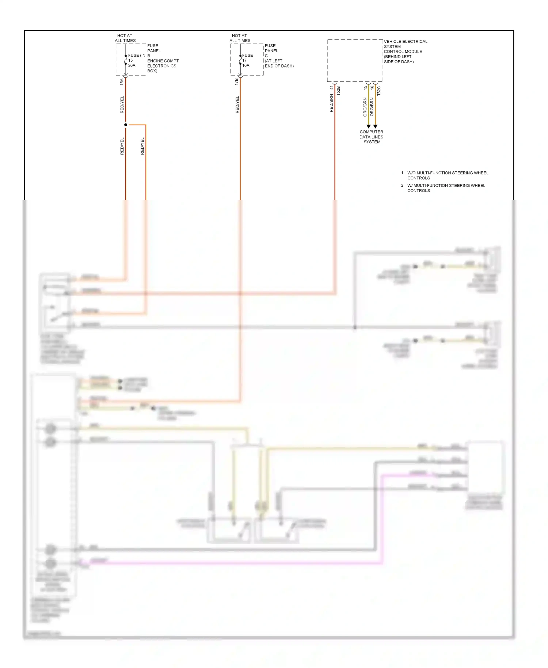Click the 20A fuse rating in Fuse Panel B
pos(132,65)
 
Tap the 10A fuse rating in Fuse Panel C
pos(246,65)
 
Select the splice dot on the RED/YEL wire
pos(126,125)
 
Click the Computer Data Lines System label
pos(372,137)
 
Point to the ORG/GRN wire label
pos(365,107)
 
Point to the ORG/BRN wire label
pos(372,107)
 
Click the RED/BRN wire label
pos(331,103)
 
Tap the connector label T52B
pos(338,91)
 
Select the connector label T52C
pos(379,91)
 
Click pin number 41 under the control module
pos(331,88)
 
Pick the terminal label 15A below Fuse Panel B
pos(122,82)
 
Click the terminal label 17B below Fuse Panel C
pos(236,82)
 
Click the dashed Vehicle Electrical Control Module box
pos(355,61)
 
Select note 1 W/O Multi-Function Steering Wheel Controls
pos(447,175)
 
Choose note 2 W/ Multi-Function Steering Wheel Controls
pos(446,188)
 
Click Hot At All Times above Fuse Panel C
pos(240,38)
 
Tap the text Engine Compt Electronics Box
pos(163,66)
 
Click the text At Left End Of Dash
pos(279,63)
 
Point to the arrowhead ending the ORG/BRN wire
pos(375,126)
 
